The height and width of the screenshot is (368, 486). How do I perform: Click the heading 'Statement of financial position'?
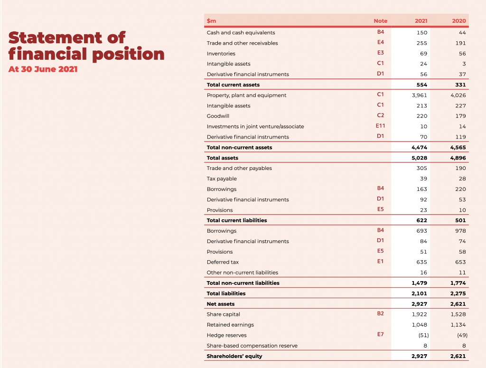click(86, 46)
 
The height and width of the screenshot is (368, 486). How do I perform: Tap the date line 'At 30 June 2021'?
click(43, 69)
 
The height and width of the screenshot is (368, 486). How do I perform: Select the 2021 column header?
click(421, 21)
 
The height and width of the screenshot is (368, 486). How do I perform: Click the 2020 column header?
click(459, 21)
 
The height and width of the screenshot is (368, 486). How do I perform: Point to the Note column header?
click(380, 21)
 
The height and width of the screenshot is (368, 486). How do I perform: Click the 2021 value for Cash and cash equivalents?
click(422, 33)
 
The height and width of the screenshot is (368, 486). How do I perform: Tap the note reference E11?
click(380, 126)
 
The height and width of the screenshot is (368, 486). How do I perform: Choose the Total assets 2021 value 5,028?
click(420, 158)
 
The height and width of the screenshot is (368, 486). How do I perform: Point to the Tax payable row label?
click(222, 179)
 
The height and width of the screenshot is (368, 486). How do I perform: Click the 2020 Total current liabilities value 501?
click(460, 220)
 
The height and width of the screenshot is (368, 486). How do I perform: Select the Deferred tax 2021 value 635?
click(421, 262)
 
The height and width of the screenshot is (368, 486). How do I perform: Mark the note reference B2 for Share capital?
click(380, 314)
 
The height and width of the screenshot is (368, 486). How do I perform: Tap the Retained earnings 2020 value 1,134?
click(458, 325)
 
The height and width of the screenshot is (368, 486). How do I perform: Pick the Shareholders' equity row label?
click(234, 356)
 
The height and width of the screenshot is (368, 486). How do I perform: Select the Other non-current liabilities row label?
click(243, 273)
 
